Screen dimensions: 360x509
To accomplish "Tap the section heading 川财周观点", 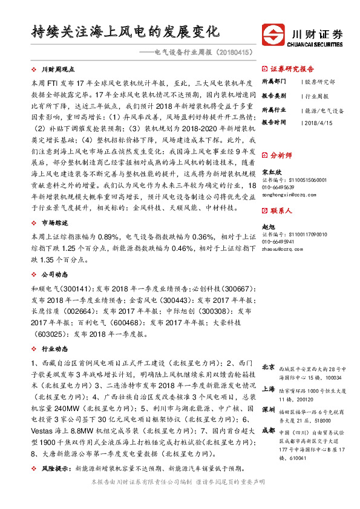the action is [59, 70].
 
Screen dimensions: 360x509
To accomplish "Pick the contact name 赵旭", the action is [267, 227].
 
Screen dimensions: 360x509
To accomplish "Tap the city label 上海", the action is [268, 389].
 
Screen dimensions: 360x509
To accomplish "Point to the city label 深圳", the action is [268, 410].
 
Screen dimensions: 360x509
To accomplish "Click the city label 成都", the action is [268, 430].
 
